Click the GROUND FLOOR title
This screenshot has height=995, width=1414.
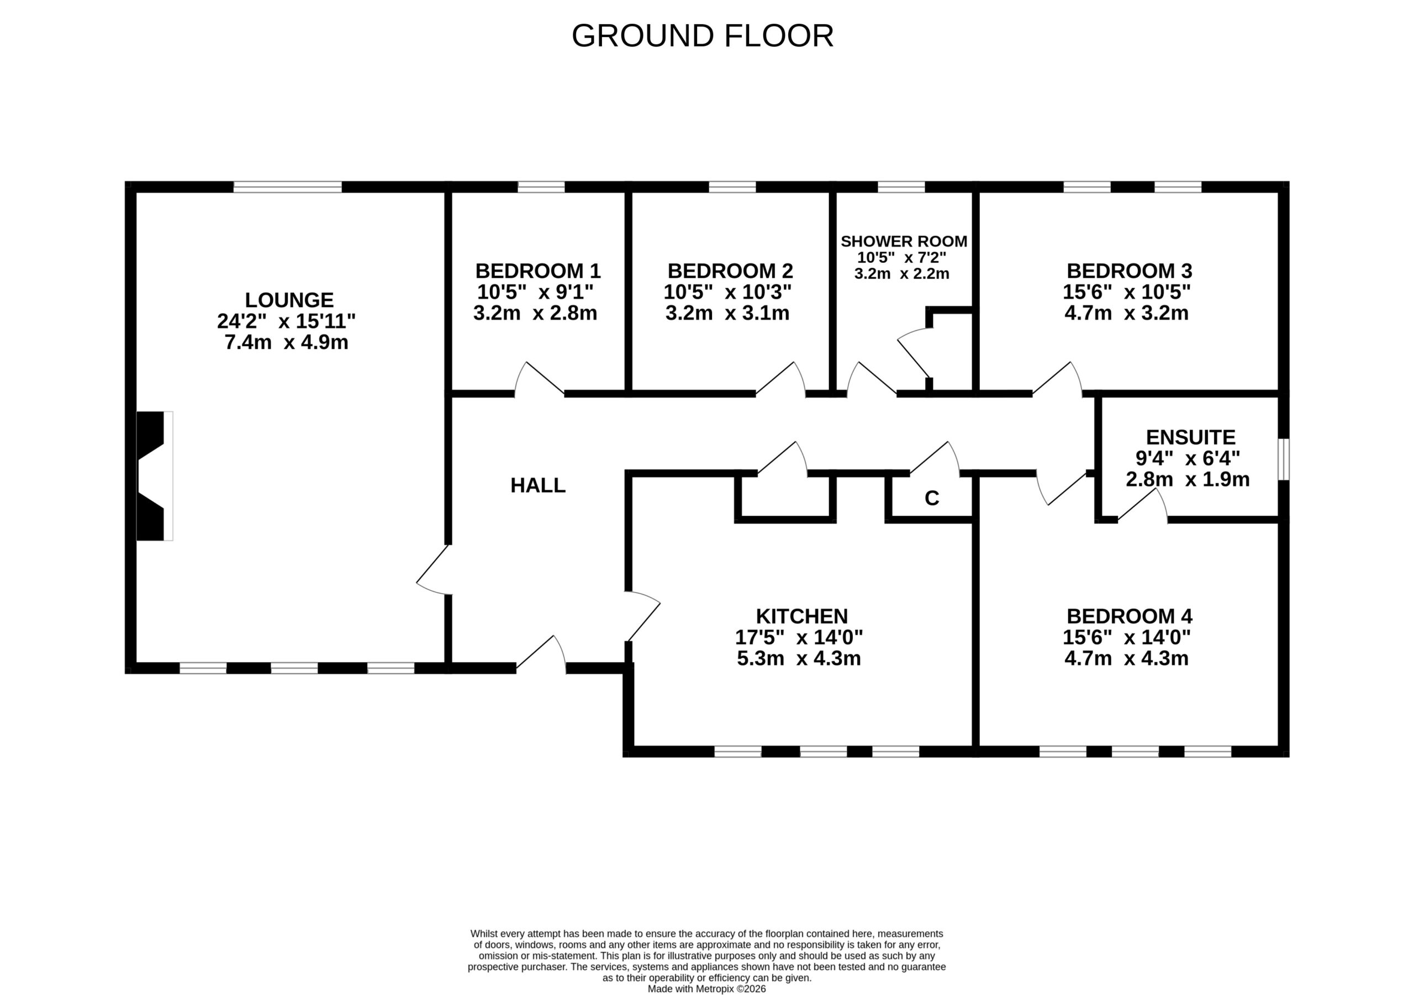point(703,36)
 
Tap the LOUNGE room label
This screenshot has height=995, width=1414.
point(289,300)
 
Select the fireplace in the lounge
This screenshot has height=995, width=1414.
point(155,476)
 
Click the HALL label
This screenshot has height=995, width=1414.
point(537,485)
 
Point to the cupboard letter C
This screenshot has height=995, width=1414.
point(932,498)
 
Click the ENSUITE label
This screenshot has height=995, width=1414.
point(1190,437)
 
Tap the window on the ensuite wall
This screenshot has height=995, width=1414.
point(1284,459)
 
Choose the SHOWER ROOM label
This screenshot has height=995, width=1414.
point(904,241)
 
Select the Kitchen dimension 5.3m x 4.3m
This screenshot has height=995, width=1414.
point(799,658)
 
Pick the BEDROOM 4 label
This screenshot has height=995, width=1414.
point(1130,616)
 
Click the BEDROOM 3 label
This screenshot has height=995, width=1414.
point(1130,271)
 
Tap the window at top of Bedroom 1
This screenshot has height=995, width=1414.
point(541,187)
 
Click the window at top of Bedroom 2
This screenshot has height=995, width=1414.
point(732,187)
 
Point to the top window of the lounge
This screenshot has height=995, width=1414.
point(288,187)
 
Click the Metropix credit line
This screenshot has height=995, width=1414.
point(706,989)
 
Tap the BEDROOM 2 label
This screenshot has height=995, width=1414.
point(730,271)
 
